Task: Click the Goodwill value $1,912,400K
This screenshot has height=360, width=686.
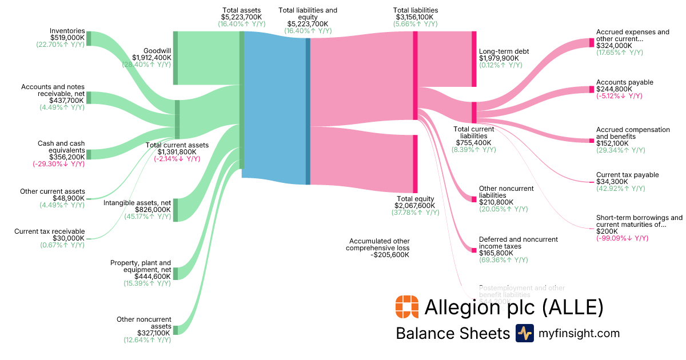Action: (151, 57)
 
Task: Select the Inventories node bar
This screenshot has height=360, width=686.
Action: (89, 38)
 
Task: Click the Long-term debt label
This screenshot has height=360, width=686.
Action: (504, 51)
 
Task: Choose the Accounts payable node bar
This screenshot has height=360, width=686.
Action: (592, 89)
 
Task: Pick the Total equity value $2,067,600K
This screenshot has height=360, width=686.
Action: (414, 205)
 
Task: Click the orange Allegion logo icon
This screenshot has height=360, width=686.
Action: (406, 307)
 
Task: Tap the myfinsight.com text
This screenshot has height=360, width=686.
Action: (578, 333)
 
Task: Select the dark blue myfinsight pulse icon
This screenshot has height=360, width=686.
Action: (524, 333)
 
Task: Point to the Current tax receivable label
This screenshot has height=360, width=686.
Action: (49, 231)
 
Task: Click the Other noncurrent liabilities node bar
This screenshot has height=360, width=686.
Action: (474, 199)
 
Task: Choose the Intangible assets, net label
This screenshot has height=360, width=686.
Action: (137, 202)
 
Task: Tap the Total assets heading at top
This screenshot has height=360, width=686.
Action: (241, 10)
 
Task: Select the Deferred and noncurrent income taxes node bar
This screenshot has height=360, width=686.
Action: (474, 250)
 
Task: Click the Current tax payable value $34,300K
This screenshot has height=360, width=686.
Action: (612, 182)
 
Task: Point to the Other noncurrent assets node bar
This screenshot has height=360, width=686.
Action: (176, 330)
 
